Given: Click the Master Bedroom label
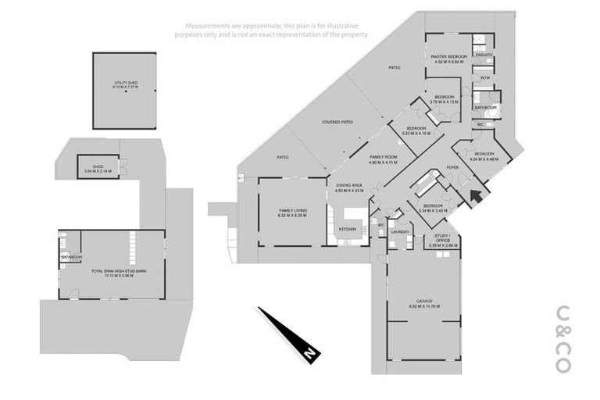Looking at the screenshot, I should [448, 59].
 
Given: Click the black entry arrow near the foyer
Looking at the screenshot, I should [474, 193].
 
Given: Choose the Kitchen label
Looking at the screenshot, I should [348, 229].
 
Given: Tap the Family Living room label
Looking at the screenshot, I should [292, 212].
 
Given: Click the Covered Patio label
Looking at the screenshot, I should [337, 123].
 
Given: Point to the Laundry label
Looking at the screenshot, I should [401, 231].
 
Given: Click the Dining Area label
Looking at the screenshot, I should [349, 188].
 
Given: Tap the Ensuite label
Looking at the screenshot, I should [484, 55].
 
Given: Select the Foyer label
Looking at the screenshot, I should [452, 167].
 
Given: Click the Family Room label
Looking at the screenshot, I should [384, 159].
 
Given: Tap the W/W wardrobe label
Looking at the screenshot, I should [484, 78].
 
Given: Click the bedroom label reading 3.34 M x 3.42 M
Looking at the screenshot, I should [432, 208].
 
